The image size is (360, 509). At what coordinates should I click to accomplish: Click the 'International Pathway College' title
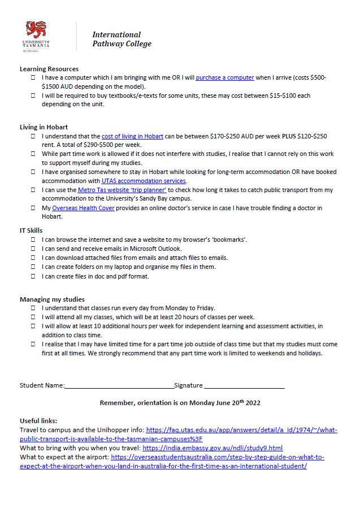tap(122, 39)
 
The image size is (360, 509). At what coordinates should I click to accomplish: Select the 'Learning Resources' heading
tap(49, 69)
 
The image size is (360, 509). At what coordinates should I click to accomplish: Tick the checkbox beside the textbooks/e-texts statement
tap(33, 95)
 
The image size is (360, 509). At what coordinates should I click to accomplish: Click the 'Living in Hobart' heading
tap(44, 127)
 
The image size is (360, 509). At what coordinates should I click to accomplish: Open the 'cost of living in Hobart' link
tap(132, 136)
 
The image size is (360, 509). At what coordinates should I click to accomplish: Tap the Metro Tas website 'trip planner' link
tap(122, 190)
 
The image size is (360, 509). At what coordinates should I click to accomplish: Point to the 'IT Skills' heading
tap(32, 230)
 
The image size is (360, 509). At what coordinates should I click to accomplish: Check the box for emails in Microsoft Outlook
tap(33, 249)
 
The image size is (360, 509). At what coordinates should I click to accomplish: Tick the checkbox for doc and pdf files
tap(33, 276)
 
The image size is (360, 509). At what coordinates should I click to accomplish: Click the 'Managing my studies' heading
tap(52, 299)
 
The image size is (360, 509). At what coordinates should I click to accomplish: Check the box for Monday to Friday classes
tap(33, 308)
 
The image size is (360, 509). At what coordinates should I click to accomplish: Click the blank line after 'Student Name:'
tap(119, 386)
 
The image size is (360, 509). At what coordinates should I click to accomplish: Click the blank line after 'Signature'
tap(244, 386)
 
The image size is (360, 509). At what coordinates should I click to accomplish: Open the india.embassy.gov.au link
tap(212, 448)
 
